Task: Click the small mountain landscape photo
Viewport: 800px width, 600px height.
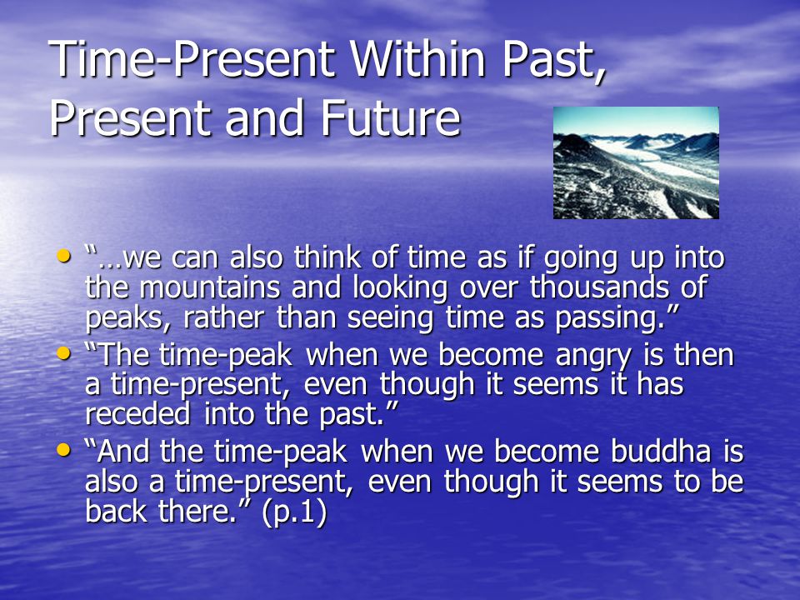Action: [x=636, y=162]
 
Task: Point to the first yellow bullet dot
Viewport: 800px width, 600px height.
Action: [x=64, y=256]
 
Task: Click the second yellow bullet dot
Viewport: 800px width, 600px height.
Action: [x=64, y=352]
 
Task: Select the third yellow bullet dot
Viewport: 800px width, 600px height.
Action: [x=64, y=449]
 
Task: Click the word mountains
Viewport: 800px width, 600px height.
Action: [x=210, y=287]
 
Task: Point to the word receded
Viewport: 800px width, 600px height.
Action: [x=137, y=413]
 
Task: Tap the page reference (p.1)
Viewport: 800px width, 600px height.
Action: [x=294, y=512]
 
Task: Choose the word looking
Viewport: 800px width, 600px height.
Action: [x=400, y=288]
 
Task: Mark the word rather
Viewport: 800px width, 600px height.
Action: [x=224, y=317]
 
